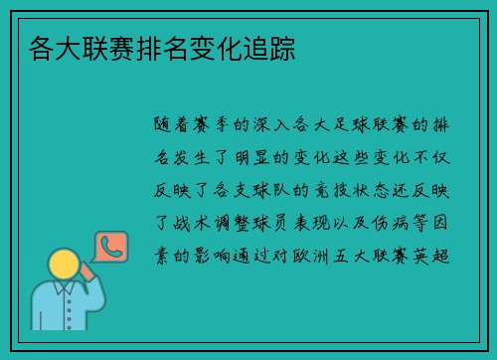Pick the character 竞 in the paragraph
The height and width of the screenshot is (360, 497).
coord(332,192)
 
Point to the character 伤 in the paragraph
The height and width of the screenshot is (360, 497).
coord(379,225)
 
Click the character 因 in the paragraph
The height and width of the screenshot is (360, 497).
coord(450,225)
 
